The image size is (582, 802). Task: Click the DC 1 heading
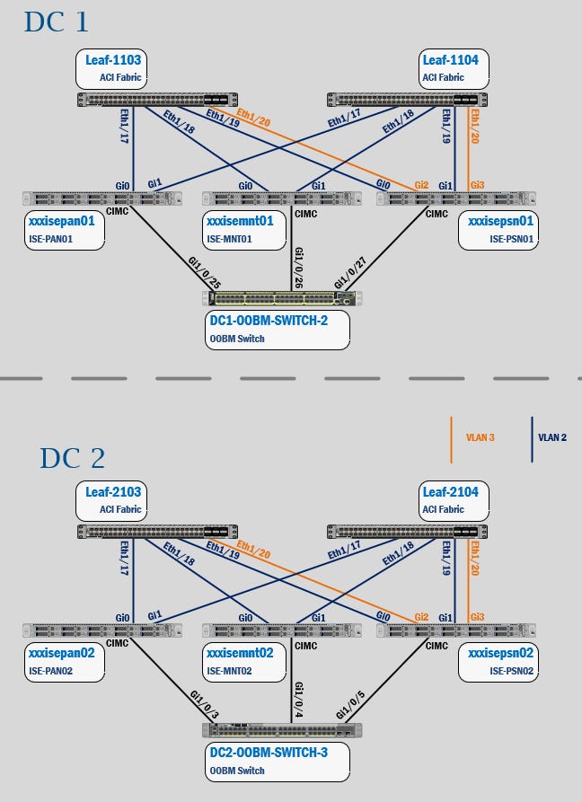(57, 22)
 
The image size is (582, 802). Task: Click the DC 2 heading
(72, 457)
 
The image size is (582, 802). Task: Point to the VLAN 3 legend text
(481, 438)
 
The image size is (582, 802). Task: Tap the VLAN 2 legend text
(552, 438)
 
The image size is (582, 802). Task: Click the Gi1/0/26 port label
(298, 268)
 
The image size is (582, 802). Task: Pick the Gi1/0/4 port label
(298, 699)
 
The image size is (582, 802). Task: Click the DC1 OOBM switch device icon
(284, 298)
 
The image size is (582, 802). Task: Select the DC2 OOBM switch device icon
(282, 730)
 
